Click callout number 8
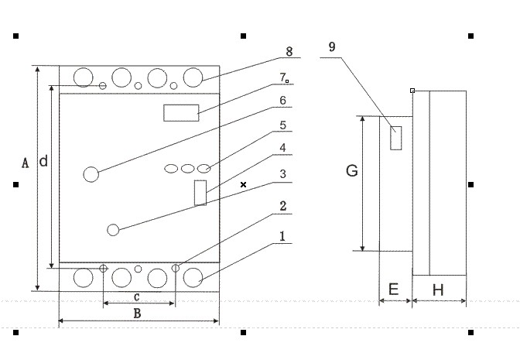pos(288,52)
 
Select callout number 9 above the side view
pos(332,46)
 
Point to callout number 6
pos(283,101)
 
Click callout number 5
pos(283,124)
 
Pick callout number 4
pos(283,148)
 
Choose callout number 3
pos(283,174)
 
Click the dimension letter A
pos(25,163)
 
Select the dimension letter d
pos(43,162)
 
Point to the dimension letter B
pos(137,314)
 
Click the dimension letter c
pos(137,297)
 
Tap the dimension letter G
pos(351,171)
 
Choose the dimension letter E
pos(393,290)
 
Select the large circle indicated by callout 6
pos(91,174)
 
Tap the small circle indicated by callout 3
pos(113,229)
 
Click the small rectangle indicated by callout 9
pos(395,137)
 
